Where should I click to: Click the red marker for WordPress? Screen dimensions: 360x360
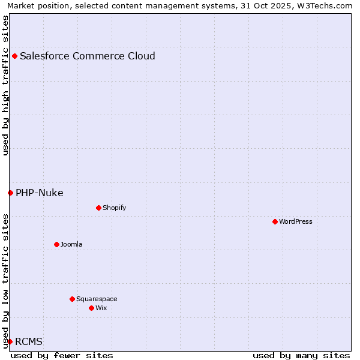(x=275, y=221)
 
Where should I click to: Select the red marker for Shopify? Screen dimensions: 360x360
(x=98, y=208)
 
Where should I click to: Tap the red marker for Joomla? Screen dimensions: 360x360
(x=56, y=244)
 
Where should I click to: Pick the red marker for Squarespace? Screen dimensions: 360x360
(x=72, y=299)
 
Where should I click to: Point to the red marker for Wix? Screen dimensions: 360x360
(x=91, y=308)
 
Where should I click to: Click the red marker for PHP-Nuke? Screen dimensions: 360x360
(x=10, y=193)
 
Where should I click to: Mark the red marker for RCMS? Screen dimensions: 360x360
(x=10, y=341)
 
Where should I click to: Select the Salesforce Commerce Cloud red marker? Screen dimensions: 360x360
(x=14, y=56)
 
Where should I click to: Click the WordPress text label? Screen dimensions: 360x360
(x=296, y=221)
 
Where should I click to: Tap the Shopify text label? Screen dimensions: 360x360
(x=114, y=208)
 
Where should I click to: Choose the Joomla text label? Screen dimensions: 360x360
(x=71, y=244)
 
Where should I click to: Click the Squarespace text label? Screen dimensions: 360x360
(x=97, y=299)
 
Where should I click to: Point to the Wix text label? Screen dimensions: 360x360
(x=101, y=308)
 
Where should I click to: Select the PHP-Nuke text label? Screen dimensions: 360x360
(x=40, y=193)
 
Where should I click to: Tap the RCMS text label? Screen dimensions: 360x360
(x=29, y=341)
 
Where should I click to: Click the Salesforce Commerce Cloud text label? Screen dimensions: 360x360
(x=88, y=56)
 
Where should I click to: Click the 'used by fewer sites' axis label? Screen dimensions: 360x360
(x=62, y=355)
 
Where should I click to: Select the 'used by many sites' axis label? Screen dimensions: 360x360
(x=301, y=355)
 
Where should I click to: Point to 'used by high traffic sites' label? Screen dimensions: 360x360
(x=5, y=85)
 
